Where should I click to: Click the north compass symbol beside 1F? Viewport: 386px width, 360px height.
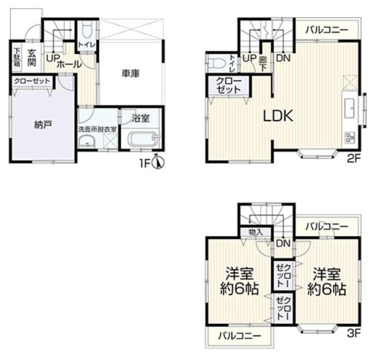point(158,163)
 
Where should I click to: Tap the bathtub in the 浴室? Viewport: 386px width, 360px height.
point(144,140)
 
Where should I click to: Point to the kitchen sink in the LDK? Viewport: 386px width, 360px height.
point(350,108)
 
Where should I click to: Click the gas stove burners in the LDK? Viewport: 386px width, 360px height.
point(350,138)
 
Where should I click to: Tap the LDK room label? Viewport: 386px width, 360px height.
point(278,115)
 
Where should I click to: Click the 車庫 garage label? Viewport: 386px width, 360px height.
point(130,73)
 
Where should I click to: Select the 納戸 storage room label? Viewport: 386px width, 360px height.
point(43,125)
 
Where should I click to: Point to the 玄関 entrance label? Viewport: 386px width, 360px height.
point(32,58)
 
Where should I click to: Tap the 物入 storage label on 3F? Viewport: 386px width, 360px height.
point(256,232)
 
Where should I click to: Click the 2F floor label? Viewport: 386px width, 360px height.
point(354,159)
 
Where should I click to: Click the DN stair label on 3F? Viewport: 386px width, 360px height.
point(283,243)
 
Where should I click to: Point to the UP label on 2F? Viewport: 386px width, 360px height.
point(249,58)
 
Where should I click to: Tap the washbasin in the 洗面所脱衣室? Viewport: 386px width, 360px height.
point(87,143)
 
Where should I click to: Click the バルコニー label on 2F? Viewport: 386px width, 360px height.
point(327,30)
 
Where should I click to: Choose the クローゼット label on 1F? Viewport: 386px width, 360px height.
point(32,81)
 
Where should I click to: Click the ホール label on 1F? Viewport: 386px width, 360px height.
point(69,64)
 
